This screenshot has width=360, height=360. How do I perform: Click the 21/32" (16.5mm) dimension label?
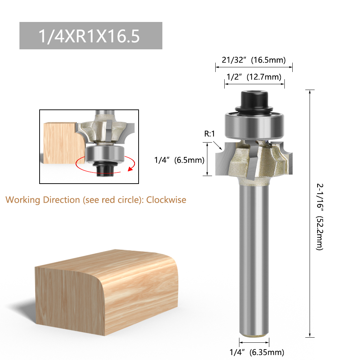(x=253, y=60)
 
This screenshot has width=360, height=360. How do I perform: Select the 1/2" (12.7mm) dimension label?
(x=253, y=77)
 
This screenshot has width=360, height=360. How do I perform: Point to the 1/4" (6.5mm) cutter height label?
(x=179, y=160)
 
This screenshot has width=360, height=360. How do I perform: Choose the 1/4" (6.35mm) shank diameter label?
(x=257, y=352)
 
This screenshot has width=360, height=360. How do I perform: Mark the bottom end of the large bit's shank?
(x=254, y=333)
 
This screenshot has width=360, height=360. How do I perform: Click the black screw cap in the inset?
(x=104, y=170)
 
